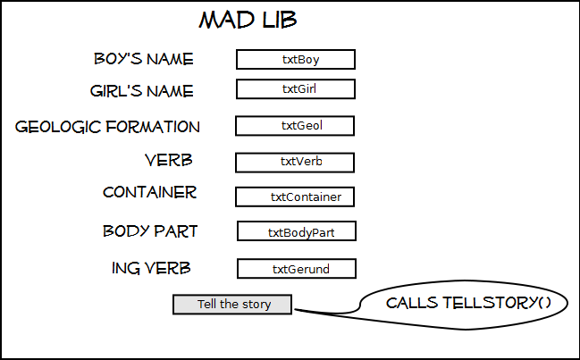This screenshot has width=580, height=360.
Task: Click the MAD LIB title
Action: (x=248, y=20)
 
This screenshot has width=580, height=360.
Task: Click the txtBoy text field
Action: (x=296, y=59)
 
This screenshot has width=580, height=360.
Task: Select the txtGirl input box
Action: (x=296, y=89)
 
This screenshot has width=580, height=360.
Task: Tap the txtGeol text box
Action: (x=295, y=126)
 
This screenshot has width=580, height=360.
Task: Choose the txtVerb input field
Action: (x=295, y=163)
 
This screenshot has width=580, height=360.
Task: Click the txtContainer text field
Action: (x=295, y=197)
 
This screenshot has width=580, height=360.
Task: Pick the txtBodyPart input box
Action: (x=297, y=231)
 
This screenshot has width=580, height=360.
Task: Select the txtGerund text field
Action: (x=297, y=268)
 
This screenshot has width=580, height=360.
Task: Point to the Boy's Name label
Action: (x=144, y=59)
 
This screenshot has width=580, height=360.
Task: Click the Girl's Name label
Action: (x=142, y=91)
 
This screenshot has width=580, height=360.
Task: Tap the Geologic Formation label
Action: (x=107, y=127)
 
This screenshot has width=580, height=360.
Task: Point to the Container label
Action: (x=150, y=192)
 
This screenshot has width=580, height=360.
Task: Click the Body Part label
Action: (x=150, y=231)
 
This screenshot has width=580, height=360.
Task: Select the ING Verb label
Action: (x=151, y=268)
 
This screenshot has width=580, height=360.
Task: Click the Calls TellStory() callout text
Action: (x=468, y=303)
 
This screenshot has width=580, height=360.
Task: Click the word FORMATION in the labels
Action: (x=153, y=127)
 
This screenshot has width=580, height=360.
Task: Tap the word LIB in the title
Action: (x=280, y=20)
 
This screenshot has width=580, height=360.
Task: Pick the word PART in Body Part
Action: (x=176, y=231)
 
